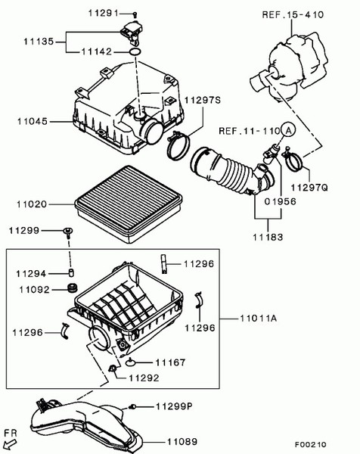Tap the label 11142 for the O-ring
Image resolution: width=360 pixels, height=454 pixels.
99,52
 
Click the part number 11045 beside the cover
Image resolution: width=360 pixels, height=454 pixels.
33,120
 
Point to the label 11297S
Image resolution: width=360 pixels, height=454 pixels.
203,100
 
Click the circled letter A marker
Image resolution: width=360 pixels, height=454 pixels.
287,130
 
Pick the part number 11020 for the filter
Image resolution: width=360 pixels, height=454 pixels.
33,204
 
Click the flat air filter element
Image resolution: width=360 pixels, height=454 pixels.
129,201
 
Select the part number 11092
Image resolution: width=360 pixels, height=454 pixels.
33,288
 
